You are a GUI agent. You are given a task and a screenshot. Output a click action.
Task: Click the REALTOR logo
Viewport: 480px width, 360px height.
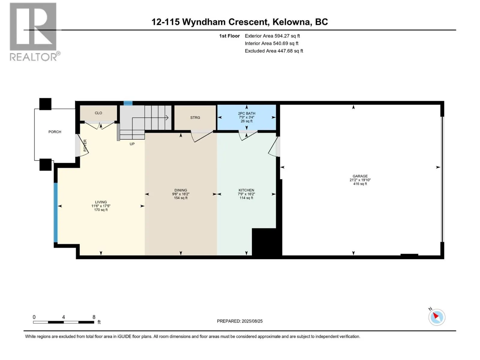click(x=33, y=31)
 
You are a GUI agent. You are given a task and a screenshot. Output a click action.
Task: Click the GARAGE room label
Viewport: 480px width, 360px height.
click(x=360, y=176)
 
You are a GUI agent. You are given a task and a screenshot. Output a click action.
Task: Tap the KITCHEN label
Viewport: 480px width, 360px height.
click(x=246, y=190)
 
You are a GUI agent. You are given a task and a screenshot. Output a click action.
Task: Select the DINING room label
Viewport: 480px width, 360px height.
click(x=181, y=190)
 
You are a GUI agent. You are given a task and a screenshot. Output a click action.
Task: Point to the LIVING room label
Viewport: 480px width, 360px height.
click(x=101, y=202)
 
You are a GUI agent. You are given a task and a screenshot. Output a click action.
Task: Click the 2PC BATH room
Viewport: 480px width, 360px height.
click(x=247, y=117)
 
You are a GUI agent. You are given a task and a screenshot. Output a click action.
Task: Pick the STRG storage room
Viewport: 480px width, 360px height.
click(x=195, y=118)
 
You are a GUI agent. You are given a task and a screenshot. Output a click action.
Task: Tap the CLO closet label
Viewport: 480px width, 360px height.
click(x=98, y=113)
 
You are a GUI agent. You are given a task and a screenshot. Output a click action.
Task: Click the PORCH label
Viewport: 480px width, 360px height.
click(x=55, y=132)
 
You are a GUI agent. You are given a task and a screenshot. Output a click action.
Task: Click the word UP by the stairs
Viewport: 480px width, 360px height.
click(x=132, y=144)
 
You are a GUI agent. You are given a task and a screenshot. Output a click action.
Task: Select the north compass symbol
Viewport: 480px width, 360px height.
click(x=436, y=317)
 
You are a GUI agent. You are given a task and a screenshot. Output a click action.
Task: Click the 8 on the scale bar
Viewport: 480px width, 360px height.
click(x=94, y=317)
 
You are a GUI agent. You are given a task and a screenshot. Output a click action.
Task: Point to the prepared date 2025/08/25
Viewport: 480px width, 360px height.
click(x=240, y=321)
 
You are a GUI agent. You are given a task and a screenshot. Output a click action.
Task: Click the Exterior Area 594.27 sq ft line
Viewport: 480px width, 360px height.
click(x=272, y=36)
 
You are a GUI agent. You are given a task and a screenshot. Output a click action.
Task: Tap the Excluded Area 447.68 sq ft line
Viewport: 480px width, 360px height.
click(x=274, y=51)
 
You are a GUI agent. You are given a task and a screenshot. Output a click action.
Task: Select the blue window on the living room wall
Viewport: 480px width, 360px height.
click(x=55, y=212)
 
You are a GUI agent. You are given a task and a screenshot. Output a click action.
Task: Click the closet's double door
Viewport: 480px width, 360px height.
click(x=99, y=124)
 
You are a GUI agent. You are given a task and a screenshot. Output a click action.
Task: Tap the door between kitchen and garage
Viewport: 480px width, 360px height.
click(x=274, y=147)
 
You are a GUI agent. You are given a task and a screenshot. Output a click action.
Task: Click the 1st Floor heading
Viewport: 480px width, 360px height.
click(x=229, y=36)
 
